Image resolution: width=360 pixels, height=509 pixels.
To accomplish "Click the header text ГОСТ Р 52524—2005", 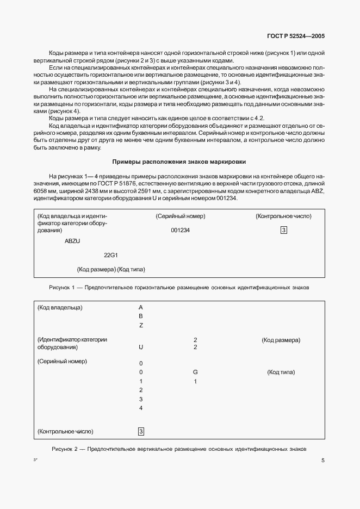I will click(296, 36).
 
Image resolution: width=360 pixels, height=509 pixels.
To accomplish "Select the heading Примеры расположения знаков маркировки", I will click(179, 162).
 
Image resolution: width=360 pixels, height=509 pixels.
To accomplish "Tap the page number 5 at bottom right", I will click(323, 461).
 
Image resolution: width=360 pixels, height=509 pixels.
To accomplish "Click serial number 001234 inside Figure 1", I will click(180, 230).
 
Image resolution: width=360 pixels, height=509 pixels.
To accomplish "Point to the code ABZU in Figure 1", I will click(72, 241).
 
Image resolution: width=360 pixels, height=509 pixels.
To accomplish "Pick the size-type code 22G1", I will click(111, 255).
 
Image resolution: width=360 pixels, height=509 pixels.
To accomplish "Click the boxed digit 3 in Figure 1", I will click(283, 230).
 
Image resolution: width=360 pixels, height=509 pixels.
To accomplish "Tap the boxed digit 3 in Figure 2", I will click(141, 432).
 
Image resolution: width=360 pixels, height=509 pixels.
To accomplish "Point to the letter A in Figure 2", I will click(141, 307).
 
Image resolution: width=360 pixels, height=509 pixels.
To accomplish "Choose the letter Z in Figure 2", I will click(141, 325).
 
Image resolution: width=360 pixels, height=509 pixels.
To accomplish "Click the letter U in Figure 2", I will click(141, 347).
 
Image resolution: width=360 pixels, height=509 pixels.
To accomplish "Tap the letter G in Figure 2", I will click(195, 372).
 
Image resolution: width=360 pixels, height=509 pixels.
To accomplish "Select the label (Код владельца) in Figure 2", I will click(60, 307).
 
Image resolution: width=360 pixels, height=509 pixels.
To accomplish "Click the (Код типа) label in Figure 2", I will click(281, 372).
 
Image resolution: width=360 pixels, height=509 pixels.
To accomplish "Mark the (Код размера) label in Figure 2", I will click(281, 340).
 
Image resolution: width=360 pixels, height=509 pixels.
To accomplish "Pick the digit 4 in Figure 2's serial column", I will click(141, 408).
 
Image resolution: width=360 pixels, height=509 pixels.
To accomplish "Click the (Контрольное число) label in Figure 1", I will click(283, 216).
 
